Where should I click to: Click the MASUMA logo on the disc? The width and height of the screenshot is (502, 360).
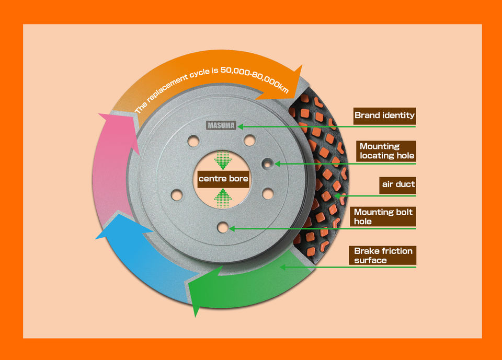tap(222, 125)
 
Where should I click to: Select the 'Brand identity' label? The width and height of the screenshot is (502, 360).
tap(384, 115)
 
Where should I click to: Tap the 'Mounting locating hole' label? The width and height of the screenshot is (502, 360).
tap(387, 151)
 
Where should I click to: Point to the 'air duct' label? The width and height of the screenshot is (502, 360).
tap(398, 184)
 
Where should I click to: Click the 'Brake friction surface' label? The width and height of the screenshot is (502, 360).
tap(383, 256)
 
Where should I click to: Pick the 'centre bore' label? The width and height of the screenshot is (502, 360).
tap(223, 179)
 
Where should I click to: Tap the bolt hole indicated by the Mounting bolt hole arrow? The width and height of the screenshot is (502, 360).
tap(223, 228)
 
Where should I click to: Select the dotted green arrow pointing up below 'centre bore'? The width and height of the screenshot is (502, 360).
tap(223, 198)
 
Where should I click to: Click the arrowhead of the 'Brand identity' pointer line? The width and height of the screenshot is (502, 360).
tap(241, 126)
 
